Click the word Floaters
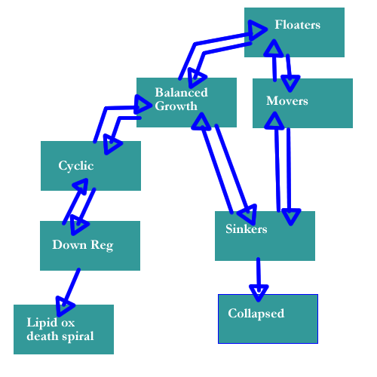[x=297, y=25]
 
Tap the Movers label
[x=287, y=101]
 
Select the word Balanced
[x=181, y=92]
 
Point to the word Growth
[x=176, y=106]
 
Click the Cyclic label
[x=76, y=166]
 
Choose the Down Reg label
[x=83, y=245]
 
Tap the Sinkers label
[x=247, y=228]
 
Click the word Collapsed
[x=256, y=314]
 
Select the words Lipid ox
[x=51, y=323]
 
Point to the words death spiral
[x=60, y=336]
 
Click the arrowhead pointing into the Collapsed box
[x=259, y=293]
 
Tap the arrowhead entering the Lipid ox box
[x=64, y=306]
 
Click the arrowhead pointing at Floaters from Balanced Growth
[x=257, y=30]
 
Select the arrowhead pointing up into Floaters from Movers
[x=274, y=48]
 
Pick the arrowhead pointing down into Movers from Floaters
[x=290, y=83]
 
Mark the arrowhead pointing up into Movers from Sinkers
[x=274, y=121]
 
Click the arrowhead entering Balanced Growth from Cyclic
[x=143, y=105]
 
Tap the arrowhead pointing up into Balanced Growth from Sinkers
[x=201, y=121]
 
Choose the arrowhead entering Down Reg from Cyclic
[x=78, y=225]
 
